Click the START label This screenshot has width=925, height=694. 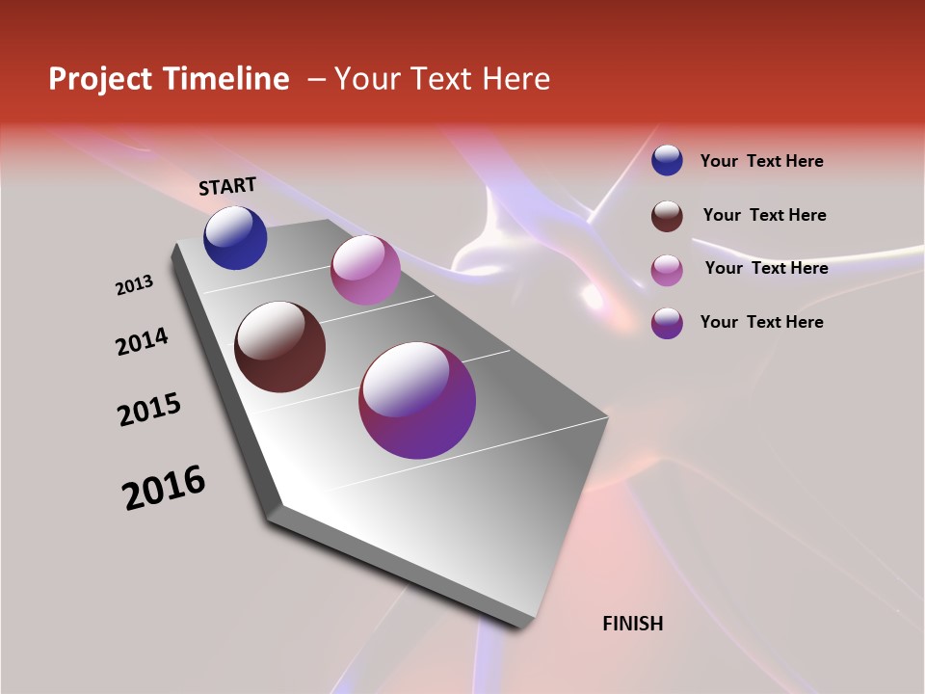tap(227, 186)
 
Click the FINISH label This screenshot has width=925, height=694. tap(633, 624)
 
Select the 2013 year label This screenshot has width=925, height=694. tap(135, 285)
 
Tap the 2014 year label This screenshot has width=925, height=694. tap(142, 341)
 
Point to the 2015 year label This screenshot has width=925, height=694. tap(149, 410)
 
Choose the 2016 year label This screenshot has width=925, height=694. tap(164, 488)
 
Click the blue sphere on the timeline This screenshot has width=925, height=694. tap(235, 238)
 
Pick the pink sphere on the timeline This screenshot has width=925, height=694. tap(365, 270)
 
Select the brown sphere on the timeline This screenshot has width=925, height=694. tap(280, 347)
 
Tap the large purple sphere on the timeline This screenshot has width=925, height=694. tap(417, 400)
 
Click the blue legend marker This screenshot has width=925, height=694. tap(667, 160)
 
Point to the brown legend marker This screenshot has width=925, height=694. tap(667, 216)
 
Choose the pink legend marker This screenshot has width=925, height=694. tap(667, 270)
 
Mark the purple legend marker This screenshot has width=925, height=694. tap(667, 323)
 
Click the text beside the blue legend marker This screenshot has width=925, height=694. tap(761, 161)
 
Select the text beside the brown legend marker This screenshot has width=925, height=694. tap(764, 215)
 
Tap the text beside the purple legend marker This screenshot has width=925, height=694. tap(761, 322)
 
